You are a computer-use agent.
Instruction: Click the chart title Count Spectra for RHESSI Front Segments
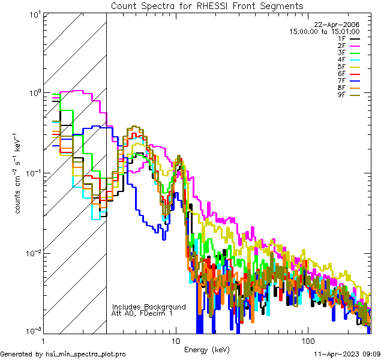coord(207,6)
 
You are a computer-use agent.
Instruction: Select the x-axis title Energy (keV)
coord(206,349)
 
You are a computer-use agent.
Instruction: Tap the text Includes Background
coord(149,307)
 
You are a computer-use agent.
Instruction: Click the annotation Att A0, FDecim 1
coord(143,313)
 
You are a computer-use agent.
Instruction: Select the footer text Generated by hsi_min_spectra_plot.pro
coord(63,355)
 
